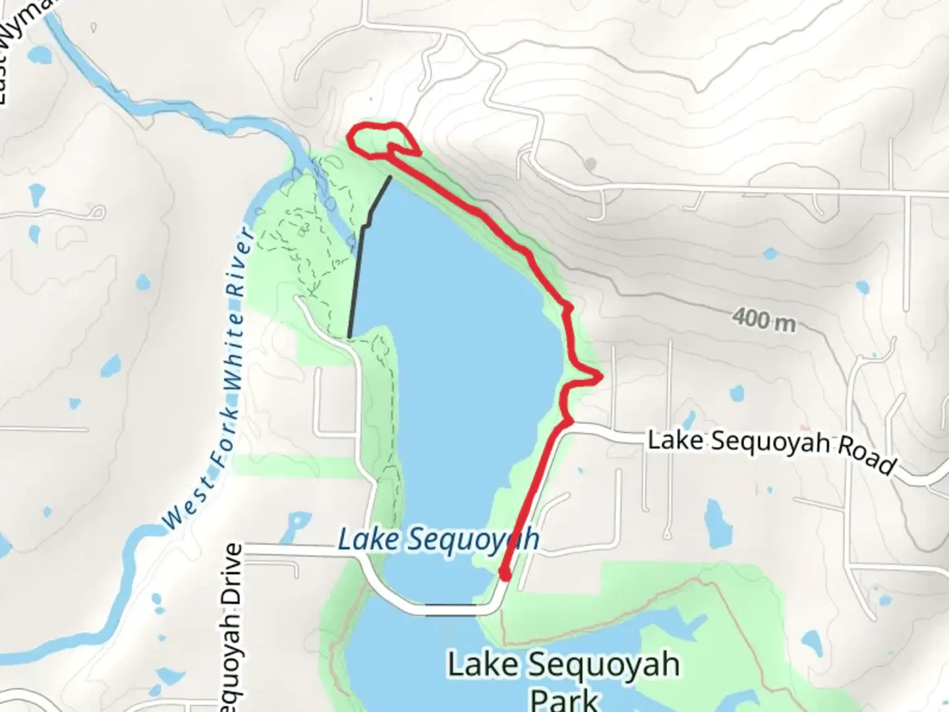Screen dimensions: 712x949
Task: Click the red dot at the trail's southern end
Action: [505, 576]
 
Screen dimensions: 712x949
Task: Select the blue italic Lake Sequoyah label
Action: [438, 539]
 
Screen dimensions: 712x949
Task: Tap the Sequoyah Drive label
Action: [235, 626]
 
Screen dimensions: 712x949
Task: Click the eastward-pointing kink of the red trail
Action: [598, 378]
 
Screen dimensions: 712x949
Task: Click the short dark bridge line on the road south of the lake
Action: [451, 603]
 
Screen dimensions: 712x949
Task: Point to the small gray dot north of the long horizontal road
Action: [590, 162]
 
